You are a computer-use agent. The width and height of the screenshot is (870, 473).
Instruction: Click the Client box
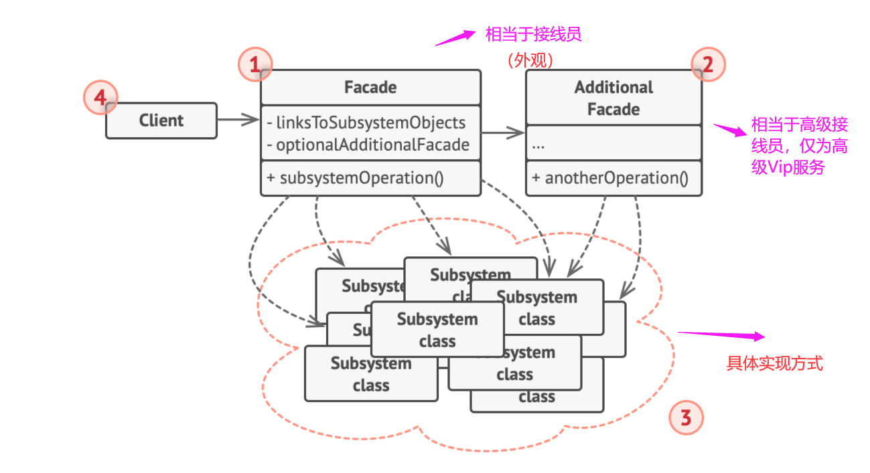(161, 120)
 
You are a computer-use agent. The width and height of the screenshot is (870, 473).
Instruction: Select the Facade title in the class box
(370, 88)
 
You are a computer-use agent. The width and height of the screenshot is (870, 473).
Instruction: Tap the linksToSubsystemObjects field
(366, 123)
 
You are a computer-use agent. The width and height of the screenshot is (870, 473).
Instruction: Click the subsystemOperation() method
(355, 178)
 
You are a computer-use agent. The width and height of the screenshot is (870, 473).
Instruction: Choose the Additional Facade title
(613, 98)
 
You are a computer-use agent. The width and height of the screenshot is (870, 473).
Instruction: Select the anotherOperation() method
(609, 178)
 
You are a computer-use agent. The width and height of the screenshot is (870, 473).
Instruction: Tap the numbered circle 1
(255, 65)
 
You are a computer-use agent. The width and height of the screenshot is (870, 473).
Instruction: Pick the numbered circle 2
(708, 65)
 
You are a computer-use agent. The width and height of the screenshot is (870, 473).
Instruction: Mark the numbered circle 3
(686, 419)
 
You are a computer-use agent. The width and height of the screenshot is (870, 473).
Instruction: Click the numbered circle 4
(100, 98)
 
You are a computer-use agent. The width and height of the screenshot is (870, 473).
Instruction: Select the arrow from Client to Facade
(238, 120)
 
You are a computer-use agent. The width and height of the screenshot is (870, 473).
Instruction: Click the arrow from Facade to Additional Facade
(502, 133)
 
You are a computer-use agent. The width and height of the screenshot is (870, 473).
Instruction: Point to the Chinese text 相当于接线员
(533, 34)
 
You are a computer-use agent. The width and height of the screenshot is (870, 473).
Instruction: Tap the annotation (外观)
(530, 61)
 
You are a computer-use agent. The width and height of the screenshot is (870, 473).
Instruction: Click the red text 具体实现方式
(774, 364)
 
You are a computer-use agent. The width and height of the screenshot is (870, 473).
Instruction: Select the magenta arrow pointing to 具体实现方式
(721, 335)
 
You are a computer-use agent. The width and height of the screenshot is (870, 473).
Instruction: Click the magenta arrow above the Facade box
(455, 37)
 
